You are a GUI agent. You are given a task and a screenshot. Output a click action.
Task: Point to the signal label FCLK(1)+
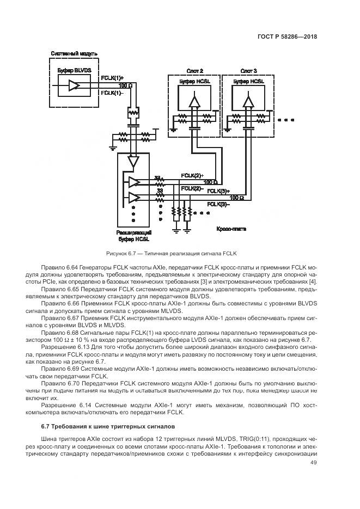coord(113,78)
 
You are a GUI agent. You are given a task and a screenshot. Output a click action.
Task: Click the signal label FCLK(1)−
coord(112,93)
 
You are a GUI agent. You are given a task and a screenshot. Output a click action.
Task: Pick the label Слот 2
coord(194,71)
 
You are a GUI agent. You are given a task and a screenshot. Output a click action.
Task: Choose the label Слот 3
coord(248,71)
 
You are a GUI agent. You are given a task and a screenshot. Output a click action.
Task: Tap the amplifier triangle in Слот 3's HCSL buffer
coord(248,101)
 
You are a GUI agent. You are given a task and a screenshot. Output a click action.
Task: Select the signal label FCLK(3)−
coord(218,204)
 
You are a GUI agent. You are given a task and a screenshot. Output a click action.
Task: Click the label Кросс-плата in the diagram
coord(231,229)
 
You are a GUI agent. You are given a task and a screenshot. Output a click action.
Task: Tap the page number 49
coord(313,463)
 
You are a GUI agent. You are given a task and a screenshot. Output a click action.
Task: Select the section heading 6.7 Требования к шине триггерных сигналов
coord(108,424)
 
